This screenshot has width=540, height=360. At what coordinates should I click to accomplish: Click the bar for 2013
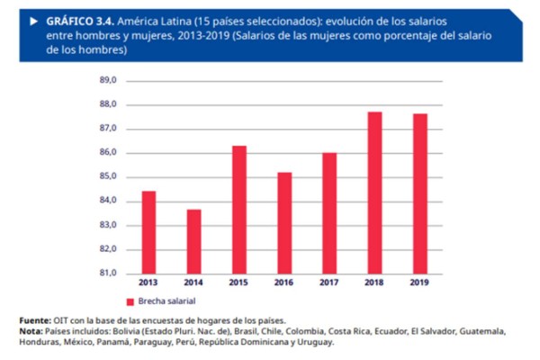coord(148,232)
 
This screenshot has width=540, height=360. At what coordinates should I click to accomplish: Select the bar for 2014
coord(193,241)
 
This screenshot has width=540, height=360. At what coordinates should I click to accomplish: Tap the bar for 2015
coord(239,209)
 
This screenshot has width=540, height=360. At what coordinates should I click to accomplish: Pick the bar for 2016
coord(284,222)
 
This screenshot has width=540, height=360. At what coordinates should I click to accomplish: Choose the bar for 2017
coord(330,213)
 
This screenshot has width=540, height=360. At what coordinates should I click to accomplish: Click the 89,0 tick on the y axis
coord(108,81)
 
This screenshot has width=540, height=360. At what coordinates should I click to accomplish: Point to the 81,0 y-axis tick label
coord(108,274)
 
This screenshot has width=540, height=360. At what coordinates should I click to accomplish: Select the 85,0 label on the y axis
coord(108,177)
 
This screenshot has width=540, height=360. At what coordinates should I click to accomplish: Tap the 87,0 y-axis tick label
coord(108,129)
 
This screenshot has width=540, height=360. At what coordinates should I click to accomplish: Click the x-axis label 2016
coord(284,283)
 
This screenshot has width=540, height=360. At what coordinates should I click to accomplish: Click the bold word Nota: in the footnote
coord(32,331)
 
